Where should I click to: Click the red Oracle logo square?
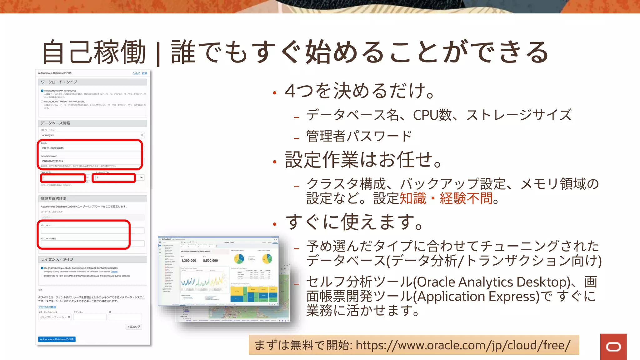(613, 347)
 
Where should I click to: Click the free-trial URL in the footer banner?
(463, 345)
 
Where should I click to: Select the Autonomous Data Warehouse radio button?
(42, 91)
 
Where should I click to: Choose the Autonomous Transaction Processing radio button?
(42, 102)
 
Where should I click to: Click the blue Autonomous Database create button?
(57, 339)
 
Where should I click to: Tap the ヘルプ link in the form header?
(136, 73)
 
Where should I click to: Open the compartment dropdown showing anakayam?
(92, 135)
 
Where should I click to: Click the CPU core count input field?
(63, 177)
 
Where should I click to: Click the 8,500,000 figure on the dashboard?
(210, 261)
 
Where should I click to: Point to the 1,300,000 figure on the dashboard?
(189, 261)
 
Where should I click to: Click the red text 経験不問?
(466, 198)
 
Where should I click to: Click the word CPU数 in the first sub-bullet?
(432, 115)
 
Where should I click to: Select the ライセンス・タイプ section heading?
(57, 259)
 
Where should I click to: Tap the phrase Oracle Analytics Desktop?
(492, 282)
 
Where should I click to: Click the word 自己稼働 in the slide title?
(94, 52)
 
